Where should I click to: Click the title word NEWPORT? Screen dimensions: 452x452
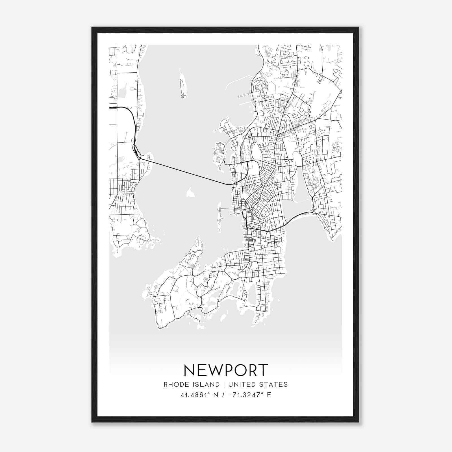(x=226, y=370)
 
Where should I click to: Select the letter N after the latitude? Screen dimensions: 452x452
(x=216, y=395)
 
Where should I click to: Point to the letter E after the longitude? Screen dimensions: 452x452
(x=269, y=395)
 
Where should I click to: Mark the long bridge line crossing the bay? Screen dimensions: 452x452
(x=186, y=172)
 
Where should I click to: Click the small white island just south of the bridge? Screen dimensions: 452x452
(x=190, y=193)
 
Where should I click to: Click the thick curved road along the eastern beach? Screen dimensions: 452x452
(x=297, y=216)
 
